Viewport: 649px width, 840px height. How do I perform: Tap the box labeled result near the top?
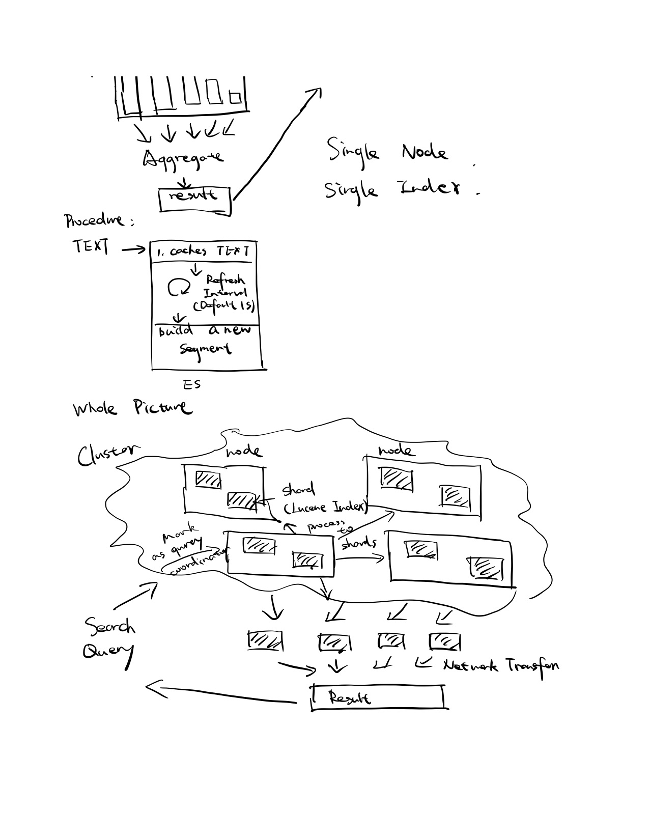click(x=195, y=199)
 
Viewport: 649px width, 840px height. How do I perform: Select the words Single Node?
click(x=387, y=151)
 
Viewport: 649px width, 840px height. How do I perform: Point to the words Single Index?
click(x=392, y=189)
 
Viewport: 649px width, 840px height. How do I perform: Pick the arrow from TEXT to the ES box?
click(x=133, y=249)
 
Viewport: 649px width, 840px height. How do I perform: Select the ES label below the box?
click(x=192, y=385)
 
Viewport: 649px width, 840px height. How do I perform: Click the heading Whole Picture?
click(x=132, y=408)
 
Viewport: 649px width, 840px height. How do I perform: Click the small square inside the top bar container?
click(x=235, y=96)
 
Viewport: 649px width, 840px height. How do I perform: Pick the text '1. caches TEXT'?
click(x=203, y=251)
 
